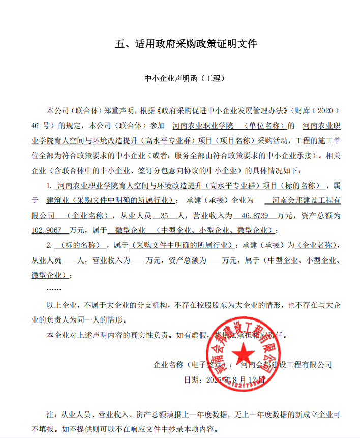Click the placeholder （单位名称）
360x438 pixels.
(265, 125)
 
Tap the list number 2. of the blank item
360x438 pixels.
(49, 245)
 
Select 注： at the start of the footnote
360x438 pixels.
(52, 414)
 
